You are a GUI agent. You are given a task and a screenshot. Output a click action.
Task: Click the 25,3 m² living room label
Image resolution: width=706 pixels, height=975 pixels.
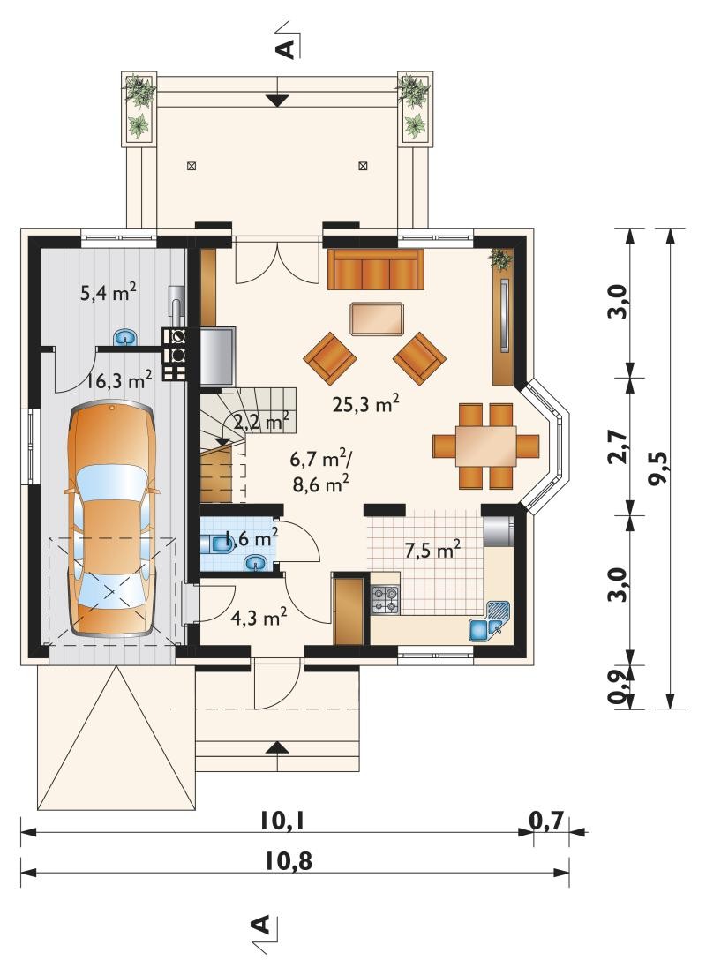click(x=365, y=404)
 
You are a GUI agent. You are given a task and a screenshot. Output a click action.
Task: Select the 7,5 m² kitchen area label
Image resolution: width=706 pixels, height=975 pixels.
click(x=432, y=550)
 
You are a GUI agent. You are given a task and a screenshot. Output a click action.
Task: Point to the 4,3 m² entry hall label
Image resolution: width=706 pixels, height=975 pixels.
click(x=259, y=618)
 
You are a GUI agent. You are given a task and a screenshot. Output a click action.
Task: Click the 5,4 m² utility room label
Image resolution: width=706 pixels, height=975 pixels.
click(x=109, y=292)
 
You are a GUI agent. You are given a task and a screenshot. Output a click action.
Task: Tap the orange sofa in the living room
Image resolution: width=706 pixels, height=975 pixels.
click(x=375, y=269)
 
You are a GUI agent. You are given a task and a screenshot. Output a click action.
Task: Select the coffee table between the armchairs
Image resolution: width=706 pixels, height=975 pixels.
click(x=376, y=319)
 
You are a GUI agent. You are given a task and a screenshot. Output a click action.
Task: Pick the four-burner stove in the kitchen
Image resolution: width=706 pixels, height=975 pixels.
click(x=386, y=600)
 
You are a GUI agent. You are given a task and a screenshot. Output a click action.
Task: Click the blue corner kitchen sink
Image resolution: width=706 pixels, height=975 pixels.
click(x=490, y=625)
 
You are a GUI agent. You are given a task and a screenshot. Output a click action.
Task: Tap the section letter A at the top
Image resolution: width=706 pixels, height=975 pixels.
click(x=286, y=49)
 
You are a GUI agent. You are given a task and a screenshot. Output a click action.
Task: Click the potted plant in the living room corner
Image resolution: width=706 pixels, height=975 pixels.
click(x=500, y=259)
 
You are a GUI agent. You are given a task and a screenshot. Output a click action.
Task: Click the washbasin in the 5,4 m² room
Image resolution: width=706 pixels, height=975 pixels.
click(x=125, y=338)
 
